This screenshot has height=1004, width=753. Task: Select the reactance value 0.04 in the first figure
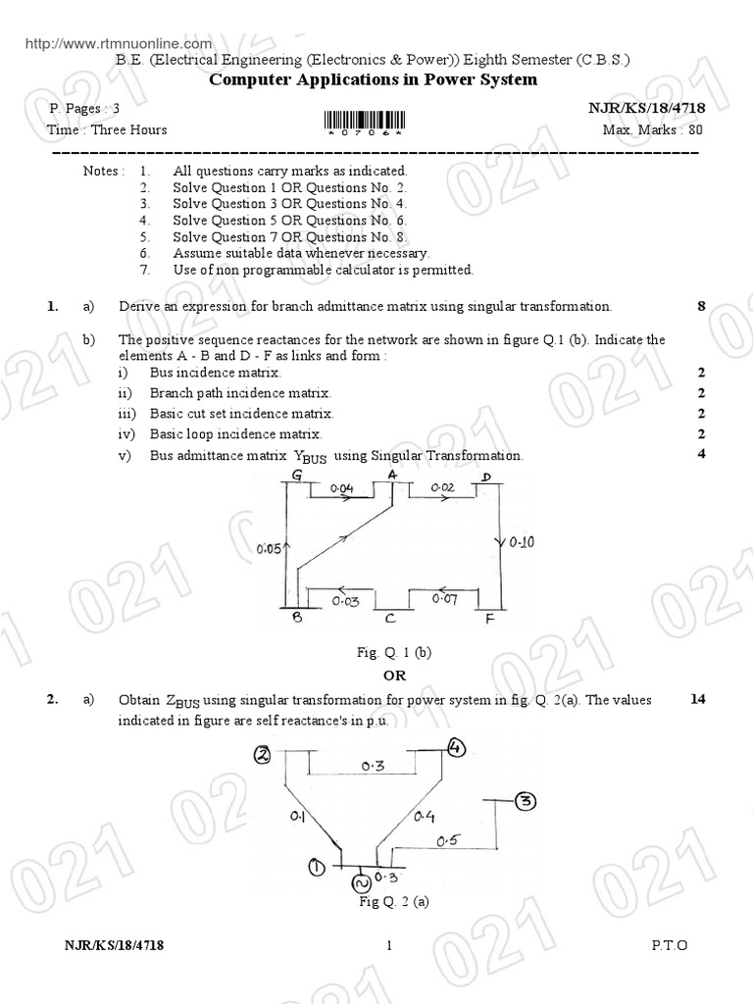click(340, 487)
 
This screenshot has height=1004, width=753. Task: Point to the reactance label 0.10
click(522, 542)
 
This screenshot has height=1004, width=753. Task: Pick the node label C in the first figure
click(389, 619)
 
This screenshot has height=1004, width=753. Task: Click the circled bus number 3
click(526, 802)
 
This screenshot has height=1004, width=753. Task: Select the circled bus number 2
click(263, 754)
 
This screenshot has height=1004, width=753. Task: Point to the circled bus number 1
click(317, 866)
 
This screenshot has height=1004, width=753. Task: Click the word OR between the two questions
click(394, 677)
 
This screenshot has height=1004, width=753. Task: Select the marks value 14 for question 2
click(698, 700)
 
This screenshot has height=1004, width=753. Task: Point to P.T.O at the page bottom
click(669, 945)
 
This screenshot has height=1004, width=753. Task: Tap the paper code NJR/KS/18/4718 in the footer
click(115, 945)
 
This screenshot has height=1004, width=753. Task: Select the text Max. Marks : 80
click(653, 130)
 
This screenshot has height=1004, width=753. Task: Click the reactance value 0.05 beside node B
click(270, 550)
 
